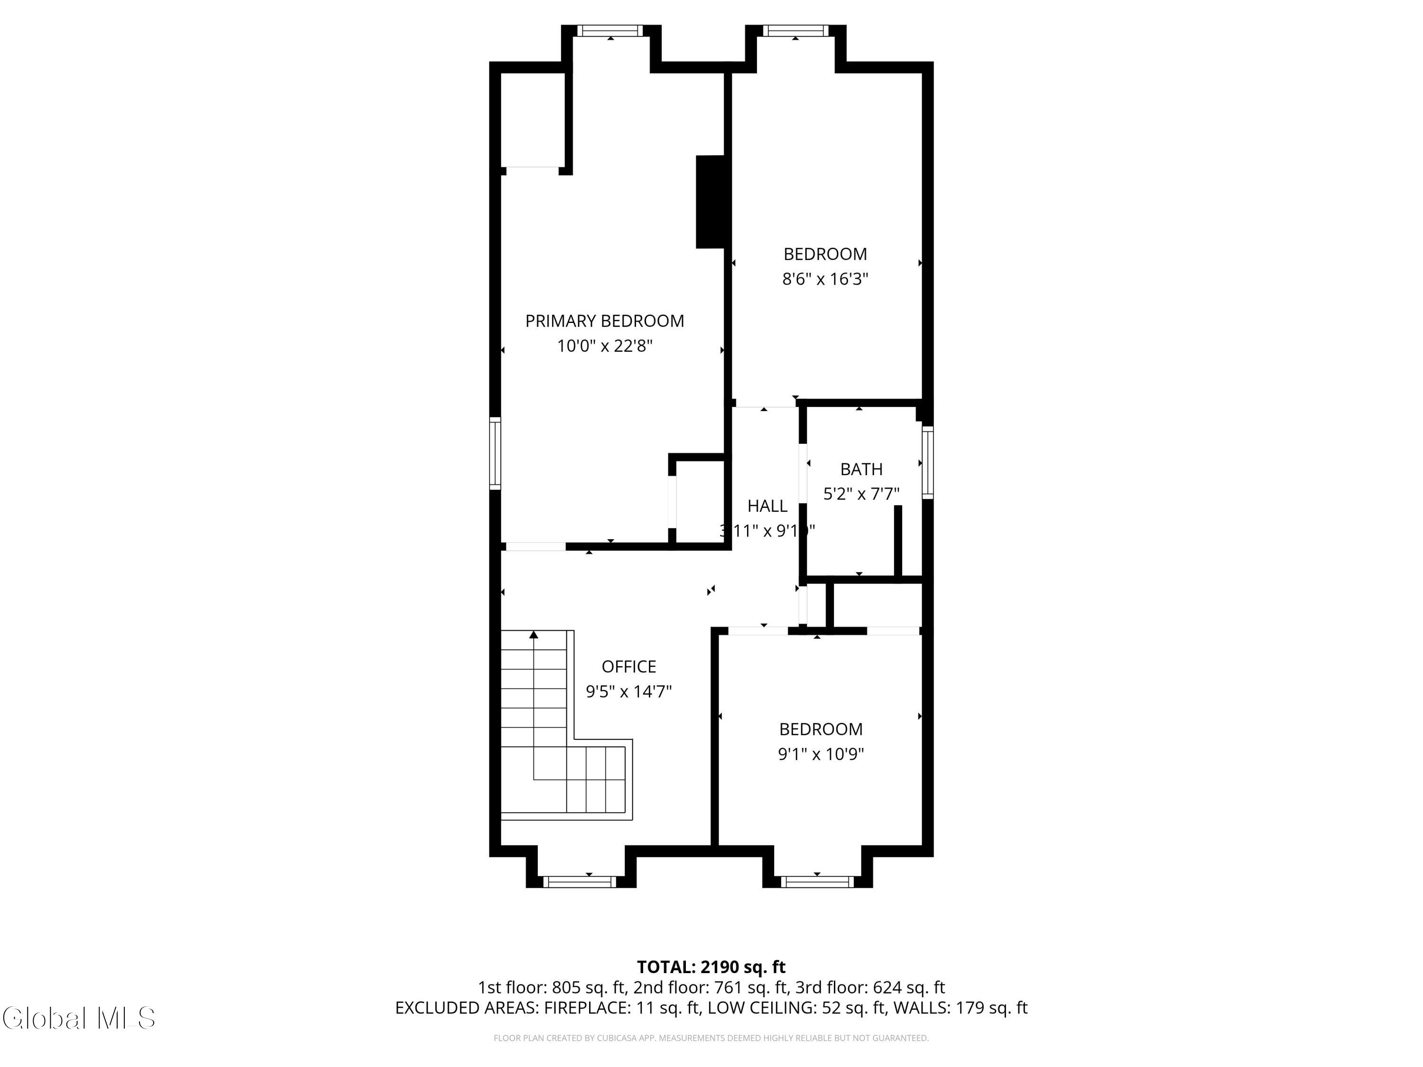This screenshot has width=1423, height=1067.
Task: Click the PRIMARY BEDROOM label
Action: tap(604, 321)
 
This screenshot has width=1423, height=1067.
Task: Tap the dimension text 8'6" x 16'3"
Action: tap(825, 279)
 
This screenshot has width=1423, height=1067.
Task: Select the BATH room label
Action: tap(861, 469)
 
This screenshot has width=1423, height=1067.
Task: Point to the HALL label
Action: tap(767, 506)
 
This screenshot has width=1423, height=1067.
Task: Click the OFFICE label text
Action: tap(628, 666)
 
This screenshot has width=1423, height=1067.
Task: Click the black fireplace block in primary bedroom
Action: tap(710, 202)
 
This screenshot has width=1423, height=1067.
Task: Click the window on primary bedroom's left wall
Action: tap(495, 453)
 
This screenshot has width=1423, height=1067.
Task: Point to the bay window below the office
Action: tap(580, 882)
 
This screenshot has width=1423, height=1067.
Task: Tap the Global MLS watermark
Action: tap(78, 1018)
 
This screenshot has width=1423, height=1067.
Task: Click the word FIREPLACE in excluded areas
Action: tap(586, 1008)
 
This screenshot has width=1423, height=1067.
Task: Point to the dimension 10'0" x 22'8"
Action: tap(604, 346)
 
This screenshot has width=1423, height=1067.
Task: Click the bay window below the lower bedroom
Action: tap(817, 882)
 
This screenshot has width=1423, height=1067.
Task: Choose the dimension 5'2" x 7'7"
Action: tap(861, 494)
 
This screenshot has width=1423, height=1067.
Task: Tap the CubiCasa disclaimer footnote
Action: tap(711, 1038)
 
